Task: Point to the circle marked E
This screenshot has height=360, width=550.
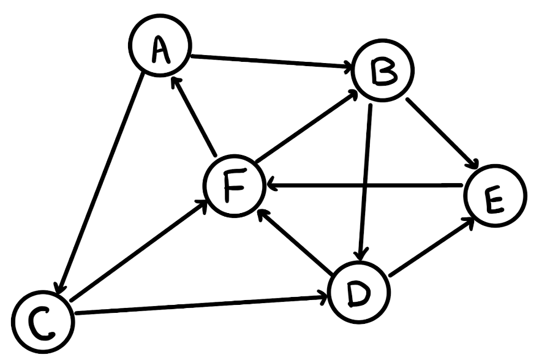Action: [x=494, y=196]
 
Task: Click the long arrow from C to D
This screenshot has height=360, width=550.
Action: [x=202, y=306]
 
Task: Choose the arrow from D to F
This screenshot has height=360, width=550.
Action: [x=295, y=242]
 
